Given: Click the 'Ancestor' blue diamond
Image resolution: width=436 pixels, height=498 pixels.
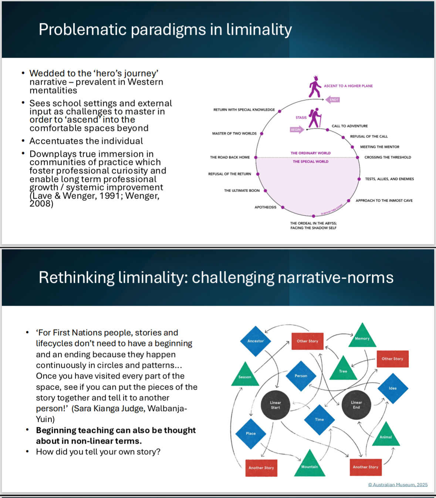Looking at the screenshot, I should pyautogui.click(x=256, y=341).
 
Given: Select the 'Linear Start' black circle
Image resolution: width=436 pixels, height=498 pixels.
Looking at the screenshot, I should pyautogui.click(x=275, y=405).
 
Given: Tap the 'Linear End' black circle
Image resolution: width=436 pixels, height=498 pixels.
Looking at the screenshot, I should pyautogui.click(x=356, y=405).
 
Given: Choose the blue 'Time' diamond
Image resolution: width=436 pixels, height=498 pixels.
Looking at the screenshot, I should pyautogui.click(x=320, y=419).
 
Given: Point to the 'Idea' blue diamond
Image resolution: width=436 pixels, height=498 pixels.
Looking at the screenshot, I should pyautogui.click(x=393, y=388).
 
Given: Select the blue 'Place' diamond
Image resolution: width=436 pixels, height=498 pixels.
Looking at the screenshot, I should pyautogui.click(x=251, y=433).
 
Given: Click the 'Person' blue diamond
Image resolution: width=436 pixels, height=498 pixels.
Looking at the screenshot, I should pyautogui.click(x=301, y=376).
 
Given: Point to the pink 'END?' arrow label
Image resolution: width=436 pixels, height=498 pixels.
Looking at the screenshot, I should pyautogui.click(x=333, y=100).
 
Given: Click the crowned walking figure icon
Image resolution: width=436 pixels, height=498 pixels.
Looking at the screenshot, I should pyautogui.click(x=315, y=87).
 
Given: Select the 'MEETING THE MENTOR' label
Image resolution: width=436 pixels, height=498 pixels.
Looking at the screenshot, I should pyautogui.click(x=379, y=147).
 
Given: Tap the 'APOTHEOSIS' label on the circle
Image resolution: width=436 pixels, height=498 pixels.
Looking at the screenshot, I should pyautogui.click(x=265, y=207).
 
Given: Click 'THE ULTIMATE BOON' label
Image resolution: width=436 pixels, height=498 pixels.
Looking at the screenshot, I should pyautogui.click(x=241, y=190).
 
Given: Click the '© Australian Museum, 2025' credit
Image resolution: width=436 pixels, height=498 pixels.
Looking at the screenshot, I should pyautogui.click(x=398, y=485).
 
